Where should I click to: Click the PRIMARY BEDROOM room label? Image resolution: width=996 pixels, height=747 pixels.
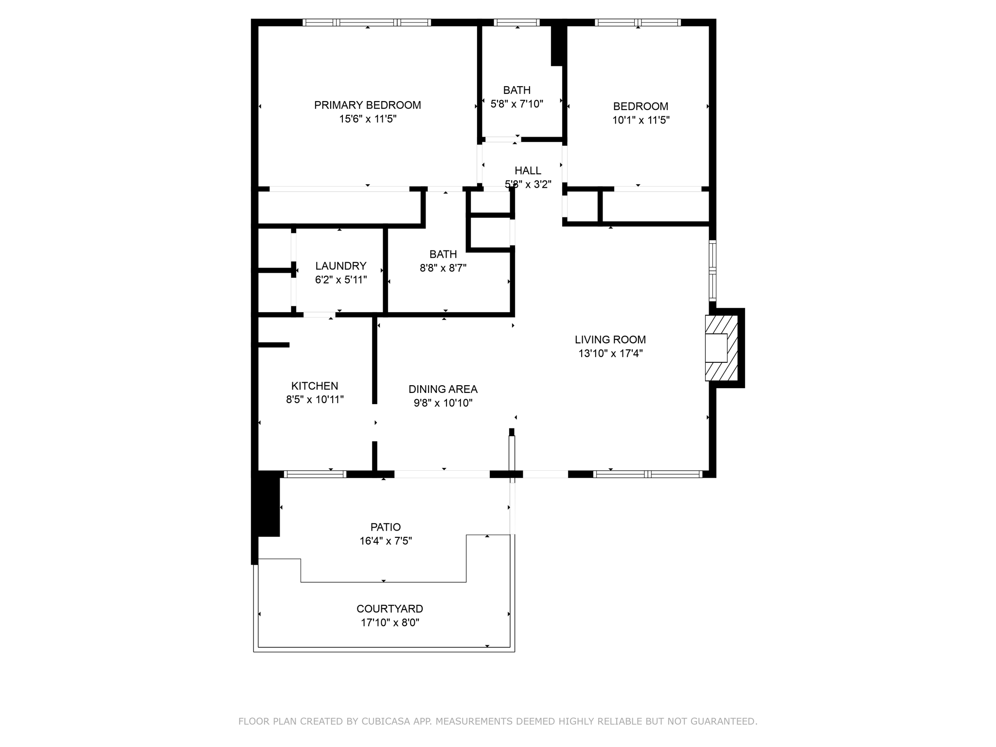(368, 105)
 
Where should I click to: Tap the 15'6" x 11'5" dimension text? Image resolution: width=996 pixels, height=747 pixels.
(368, 119)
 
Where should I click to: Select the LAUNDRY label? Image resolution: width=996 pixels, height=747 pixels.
(341, 266)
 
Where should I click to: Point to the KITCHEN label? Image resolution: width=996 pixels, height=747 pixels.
(315, 386)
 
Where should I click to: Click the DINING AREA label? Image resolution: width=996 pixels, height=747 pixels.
(443, 390)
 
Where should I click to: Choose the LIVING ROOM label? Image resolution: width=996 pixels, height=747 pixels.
(610, 340)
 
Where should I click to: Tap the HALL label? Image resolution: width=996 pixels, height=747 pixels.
(528, 171)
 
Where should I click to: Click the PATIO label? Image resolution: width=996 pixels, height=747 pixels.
(386, 527)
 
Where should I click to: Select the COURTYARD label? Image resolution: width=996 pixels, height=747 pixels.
(390, 609)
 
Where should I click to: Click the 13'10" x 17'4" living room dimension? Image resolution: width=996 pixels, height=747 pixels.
(611, 354)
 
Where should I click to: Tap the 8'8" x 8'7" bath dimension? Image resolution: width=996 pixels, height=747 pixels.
(443, 268)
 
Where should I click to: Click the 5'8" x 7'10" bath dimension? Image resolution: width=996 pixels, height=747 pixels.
(517, 104)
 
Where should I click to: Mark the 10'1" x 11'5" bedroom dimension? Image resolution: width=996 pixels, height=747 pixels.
(641, 120)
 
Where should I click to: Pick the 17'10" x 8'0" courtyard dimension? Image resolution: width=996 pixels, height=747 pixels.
(390, 623)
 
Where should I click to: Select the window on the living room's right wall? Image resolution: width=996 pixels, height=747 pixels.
(712, 270)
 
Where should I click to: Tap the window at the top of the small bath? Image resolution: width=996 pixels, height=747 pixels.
(517, 22)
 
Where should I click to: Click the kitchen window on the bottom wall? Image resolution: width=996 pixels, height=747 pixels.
(315, 474)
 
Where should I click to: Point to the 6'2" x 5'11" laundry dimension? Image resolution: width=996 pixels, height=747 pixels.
(341, 280)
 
